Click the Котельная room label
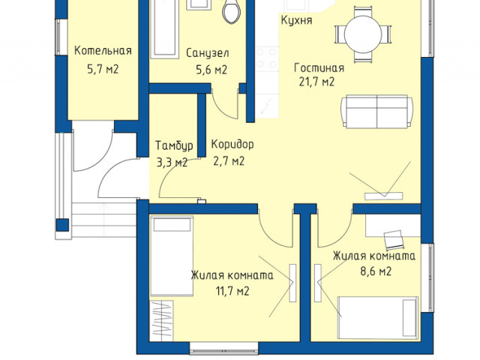(103, 51)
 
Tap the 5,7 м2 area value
(103, 69)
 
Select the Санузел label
(207, 53)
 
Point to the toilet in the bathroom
(231, 11)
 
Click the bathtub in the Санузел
(164, 29)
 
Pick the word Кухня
(297, 20)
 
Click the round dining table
(363, 34)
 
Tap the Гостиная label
(319, 67)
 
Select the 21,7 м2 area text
(316, 82)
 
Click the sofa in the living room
(377, 112)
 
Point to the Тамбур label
(174, 145)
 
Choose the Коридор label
(232, 144)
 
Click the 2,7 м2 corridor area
(229, 161)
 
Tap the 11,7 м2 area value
(232, 290)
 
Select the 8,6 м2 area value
(376, 271)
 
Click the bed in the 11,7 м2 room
(172, 256)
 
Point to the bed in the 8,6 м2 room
(378, 318)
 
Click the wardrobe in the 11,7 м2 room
(161, 320)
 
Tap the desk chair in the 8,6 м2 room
(394, 240)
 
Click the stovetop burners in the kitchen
(267, 58)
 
